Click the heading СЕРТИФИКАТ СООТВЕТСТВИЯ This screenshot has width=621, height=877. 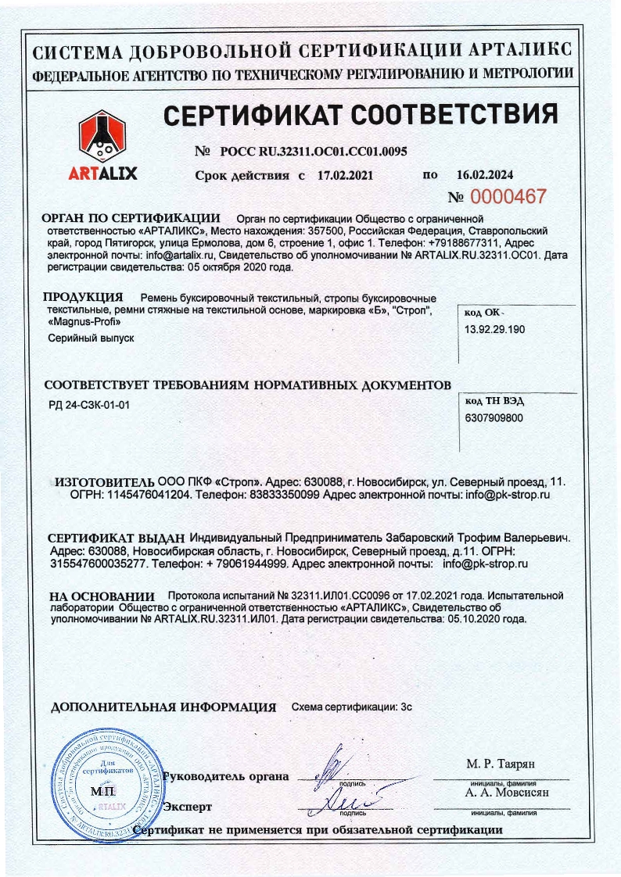tap(361, 115)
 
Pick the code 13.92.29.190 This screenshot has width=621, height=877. tap(495, 330)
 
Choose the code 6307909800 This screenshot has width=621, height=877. tap(494, 418)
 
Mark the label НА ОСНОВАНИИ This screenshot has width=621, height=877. tap(100, 596)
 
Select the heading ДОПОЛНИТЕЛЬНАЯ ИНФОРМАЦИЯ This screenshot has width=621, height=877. tap(163, 707)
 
